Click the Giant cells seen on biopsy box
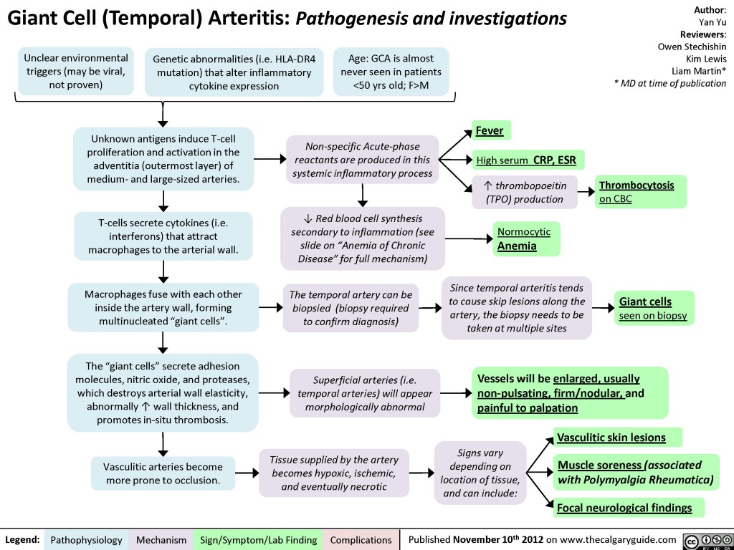tap(653, 308)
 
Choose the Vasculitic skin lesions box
tap(616, 437)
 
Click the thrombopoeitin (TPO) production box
tap(524, 192)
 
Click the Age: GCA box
tap(391, 71)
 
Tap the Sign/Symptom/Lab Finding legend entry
tap(259, 539)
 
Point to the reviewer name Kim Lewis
tap(706, 58)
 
